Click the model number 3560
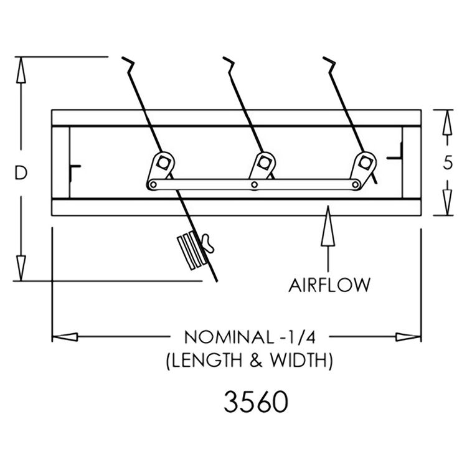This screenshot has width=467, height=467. pos(256,402)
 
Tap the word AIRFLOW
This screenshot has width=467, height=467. pos(329,285)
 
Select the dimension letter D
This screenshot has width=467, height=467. pos(21,172)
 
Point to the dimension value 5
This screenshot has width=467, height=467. pos(447,163)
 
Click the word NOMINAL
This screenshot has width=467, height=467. pos(229,337)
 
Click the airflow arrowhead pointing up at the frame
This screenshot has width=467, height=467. pos(328,226)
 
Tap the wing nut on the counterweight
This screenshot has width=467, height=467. pos(208,243)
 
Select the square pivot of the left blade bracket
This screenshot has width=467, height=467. pos(163,163)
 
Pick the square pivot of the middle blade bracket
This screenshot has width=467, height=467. pos(263,163)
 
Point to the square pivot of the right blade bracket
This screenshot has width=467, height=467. pos(364,163)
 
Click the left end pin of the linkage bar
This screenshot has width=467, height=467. pos(153,185)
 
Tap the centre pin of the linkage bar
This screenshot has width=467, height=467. pos(254,185)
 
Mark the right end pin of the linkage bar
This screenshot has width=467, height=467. pos(356,185)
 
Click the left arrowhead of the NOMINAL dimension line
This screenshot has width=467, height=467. pos(65,337)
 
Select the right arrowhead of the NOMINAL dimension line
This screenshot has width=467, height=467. pos(408,337)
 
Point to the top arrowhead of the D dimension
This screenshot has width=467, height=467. pos(21,70)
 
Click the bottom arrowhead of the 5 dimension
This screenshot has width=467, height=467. pos(447,202)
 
